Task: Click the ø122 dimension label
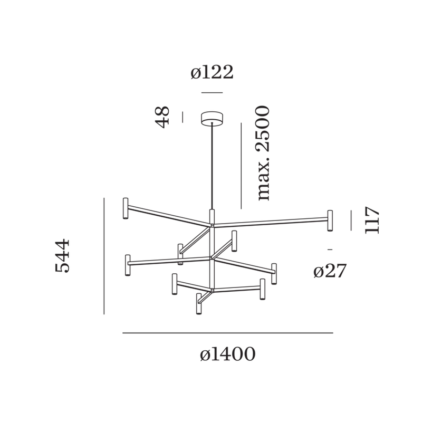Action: (x=212, y=72)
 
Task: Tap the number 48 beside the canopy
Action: (x=162, y=117)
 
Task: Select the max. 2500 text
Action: (x=263, y=153)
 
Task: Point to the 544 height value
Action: (x=62, y=256)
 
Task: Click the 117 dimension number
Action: (x=372, y=220)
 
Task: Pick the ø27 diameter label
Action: (x=330, y=271)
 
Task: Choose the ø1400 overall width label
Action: (x=228, y=354)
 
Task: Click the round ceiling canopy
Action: (x=212, y=118)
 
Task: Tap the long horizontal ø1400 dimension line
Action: (x=228, y=333)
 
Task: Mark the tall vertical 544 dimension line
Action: (x=104, y=256)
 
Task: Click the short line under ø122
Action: (x=212, y=93)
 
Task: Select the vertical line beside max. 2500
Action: (x=241, y=166)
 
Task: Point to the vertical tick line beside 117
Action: (x=351, y=220)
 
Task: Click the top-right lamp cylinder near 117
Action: (x=330, y=220)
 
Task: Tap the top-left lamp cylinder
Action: (x=126, y=208)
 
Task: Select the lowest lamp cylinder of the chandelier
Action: (x=199, y=304)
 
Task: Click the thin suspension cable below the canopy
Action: (x=212, y=166)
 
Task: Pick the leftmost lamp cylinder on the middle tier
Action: (x=128, y=265)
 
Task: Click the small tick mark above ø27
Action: (x=330, y=250)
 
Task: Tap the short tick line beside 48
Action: (x=183, y=117)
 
